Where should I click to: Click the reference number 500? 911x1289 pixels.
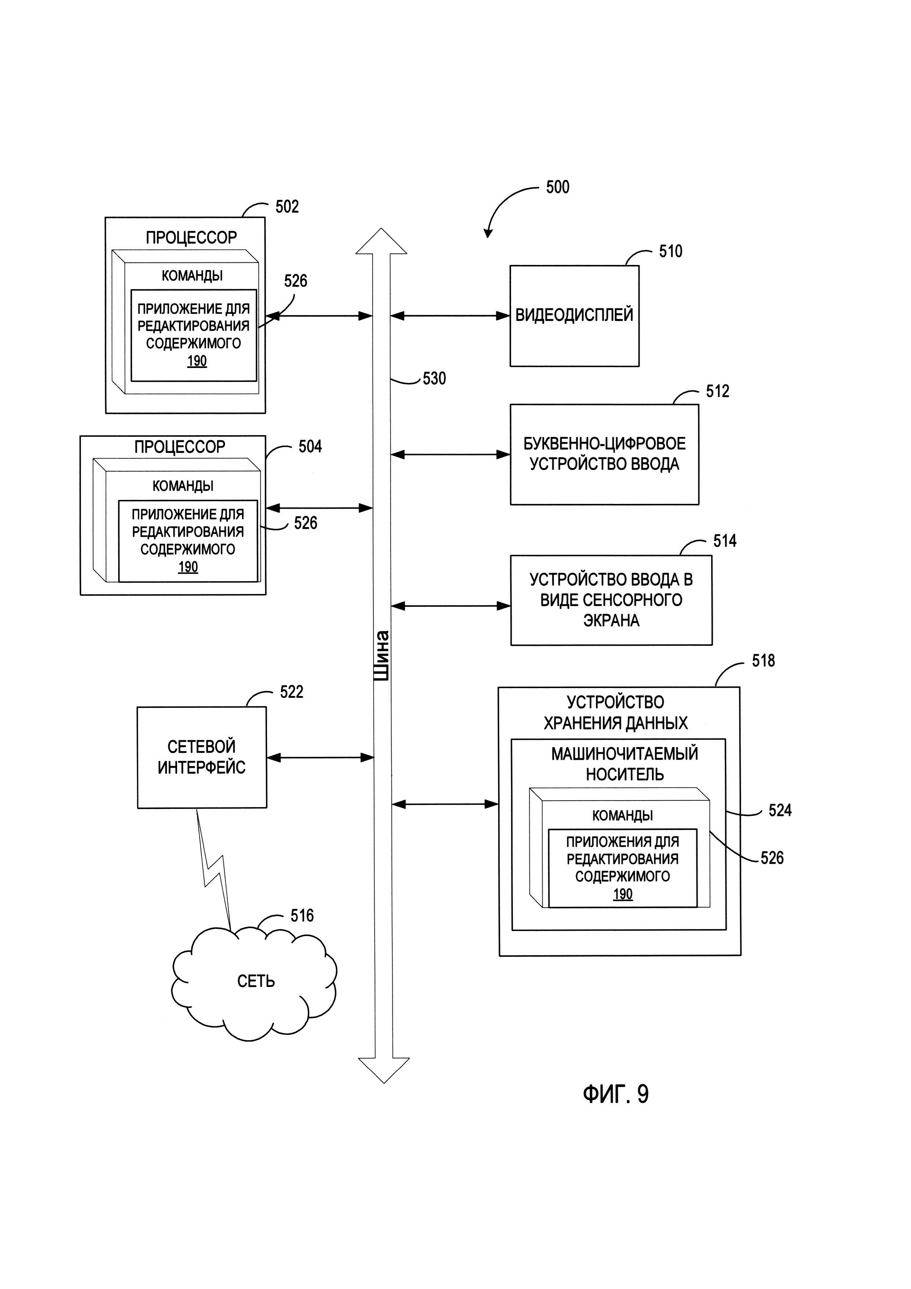tap(558, 187)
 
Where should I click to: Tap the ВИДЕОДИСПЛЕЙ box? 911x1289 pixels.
tap(574, 315)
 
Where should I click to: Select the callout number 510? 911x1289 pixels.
tap(670, 251)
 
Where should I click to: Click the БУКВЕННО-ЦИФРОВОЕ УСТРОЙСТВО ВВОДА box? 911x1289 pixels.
tap(604, 454)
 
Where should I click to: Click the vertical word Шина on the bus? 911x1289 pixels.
tap(381, 655)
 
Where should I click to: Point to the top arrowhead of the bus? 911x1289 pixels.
tap(381, 241)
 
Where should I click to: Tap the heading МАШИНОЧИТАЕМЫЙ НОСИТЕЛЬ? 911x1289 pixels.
tap(624, 763)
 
